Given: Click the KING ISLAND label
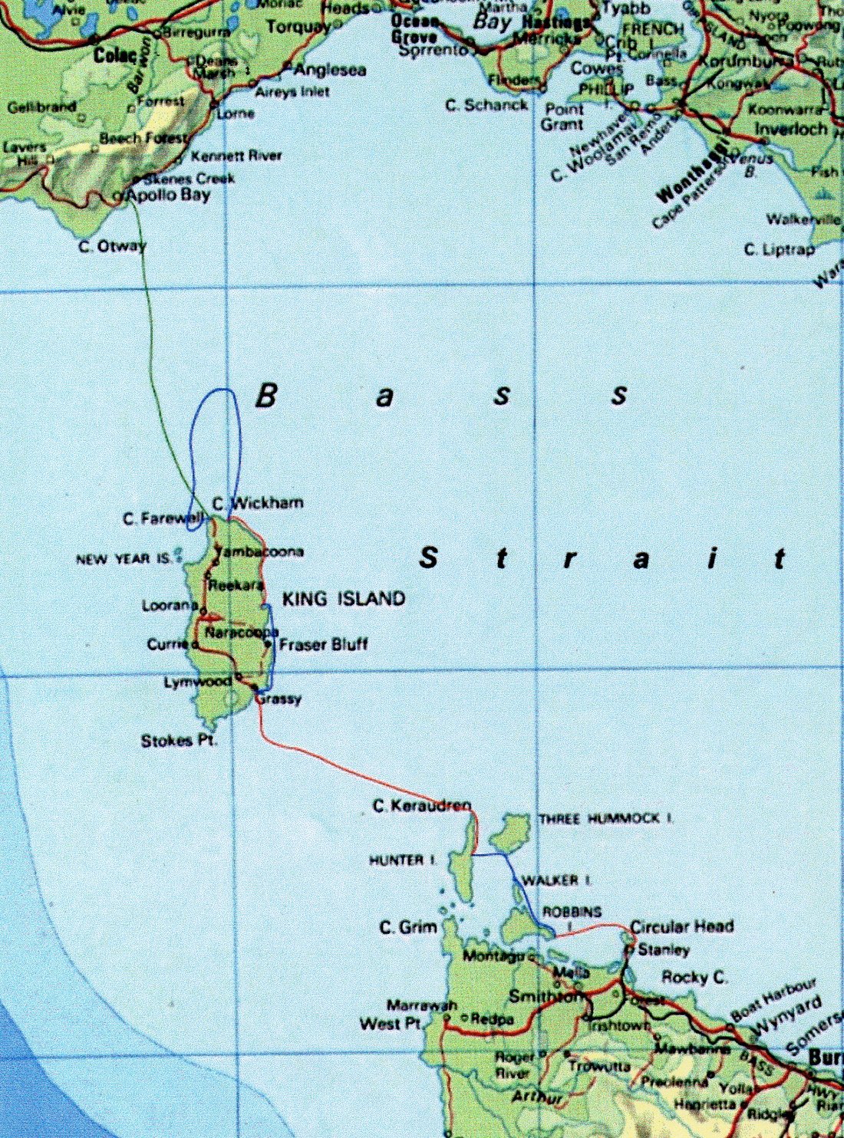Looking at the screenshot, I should [343, 599].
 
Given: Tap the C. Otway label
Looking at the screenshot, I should [112, 247].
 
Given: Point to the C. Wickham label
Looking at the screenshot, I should [258, 503].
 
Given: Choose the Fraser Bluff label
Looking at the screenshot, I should [323, 644].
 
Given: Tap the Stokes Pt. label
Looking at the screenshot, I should [179, 741].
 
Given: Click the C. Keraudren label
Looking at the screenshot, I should [422, 806].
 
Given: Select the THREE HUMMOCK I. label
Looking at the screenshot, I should [606, 819].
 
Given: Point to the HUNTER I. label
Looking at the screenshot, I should [402, 860].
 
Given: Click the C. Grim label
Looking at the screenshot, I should [408, 928].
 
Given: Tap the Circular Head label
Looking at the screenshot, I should [681, 926].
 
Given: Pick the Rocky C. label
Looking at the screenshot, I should [694, 977].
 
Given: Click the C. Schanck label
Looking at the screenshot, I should [486, 105].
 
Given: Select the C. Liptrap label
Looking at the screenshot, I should [780, 249].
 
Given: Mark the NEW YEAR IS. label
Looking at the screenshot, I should [124, 560].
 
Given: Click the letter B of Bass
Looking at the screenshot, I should [265, 396].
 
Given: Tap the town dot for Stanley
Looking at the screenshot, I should [629, 949].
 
